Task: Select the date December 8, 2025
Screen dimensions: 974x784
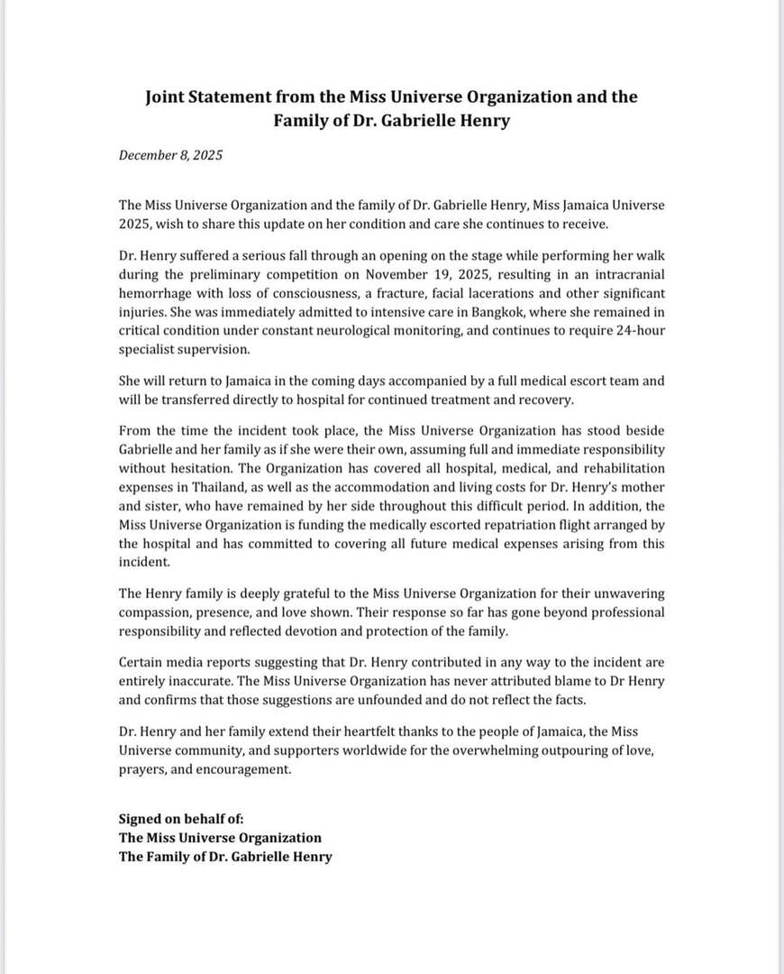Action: point(170,155)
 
